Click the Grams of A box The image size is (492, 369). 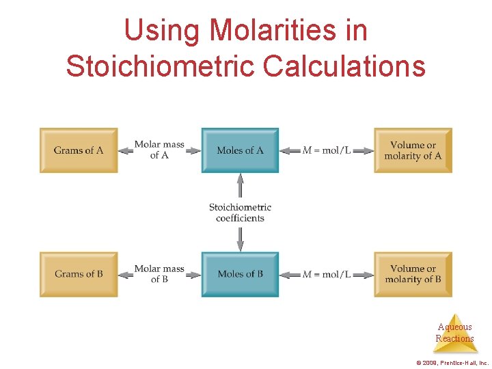[x=79, y=150]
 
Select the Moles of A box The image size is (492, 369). [x=240, y=150]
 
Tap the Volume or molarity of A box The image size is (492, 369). [x=413, y=150]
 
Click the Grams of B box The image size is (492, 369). [x=79, y=274]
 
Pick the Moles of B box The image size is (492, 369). [x=240, y=274]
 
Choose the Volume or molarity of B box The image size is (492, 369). [x=413, y=274]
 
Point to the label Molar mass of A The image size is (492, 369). [x=159, y=150]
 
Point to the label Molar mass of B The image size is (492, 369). [x=159, y=273]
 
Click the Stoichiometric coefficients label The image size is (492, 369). [x=240, y=213]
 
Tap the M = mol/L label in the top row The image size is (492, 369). [x=327, y=150]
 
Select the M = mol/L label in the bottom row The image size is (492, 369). [x=327, y=274]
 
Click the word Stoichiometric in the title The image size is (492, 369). [x=160, y=66]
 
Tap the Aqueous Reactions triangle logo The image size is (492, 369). [x=455, y=333]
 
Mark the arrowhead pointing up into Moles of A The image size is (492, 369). [x=240, y=178]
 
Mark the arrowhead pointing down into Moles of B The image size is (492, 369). [x=240, y=247]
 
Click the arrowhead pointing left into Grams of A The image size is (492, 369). [x=123, y=150]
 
